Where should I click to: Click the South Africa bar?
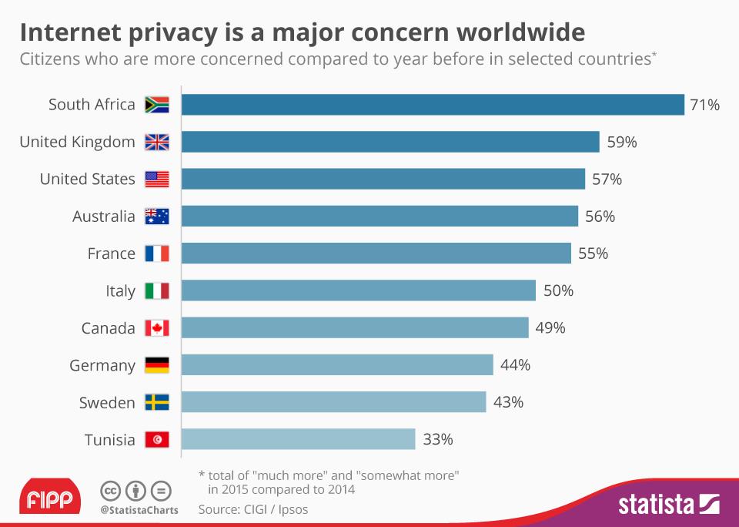click(433, 105)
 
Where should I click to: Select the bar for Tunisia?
click(299, 440)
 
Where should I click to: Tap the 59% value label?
click(622, 142)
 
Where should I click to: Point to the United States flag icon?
click(156, 180)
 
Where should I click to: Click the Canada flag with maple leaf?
click(156, 328)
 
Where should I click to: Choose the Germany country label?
click(102, 365)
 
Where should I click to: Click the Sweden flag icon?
click(156, 403)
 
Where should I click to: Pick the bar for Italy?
click(359, 290)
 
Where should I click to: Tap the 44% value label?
click(515, 365)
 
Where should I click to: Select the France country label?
click(111, 253)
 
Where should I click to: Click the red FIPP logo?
click(49, 498)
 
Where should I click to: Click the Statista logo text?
click(656, 505)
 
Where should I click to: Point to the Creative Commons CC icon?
click(111, 490)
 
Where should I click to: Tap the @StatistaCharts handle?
click(139, 510)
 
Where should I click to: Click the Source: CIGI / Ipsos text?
click(253, 509)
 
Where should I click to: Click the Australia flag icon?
click(156, 217)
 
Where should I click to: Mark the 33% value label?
click(437, 440)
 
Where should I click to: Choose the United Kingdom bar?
click(390, 142)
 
